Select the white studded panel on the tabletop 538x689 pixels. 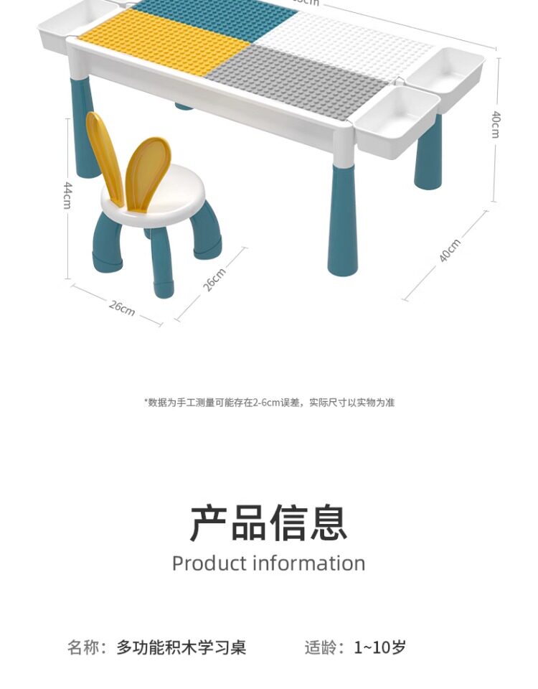tap(344, 39)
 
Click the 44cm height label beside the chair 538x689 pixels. tap(67, 195)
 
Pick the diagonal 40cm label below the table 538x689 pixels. tap(450, 250)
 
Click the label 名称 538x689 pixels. tap(83, 647)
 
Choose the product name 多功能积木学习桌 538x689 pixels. tap(181, 647)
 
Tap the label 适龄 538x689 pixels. tap(321, 647)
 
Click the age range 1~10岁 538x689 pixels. tap(380, 647)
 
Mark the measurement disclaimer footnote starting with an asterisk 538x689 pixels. tap(269, 403)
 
